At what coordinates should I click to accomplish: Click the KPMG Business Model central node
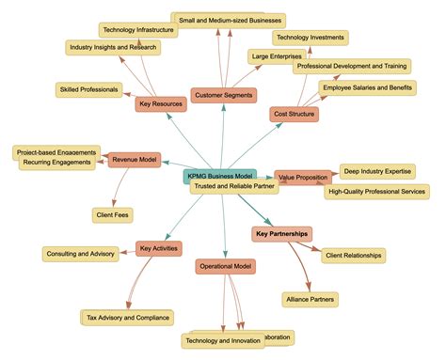[x=218, y=175]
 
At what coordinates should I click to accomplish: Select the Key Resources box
[x=160, y=104]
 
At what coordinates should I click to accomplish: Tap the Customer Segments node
[x=224, y=95]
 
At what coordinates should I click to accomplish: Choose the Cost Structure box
[x=295, y=114]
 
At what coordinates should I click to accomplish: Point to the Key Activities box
[x=158, y=249]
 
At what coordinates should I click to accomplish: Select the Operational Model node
[x=227, y=266]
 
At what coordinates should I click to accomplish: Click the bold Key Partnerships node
[x=282, y=232]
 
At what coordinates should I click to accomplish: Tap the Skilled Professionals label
[x=88, y=89]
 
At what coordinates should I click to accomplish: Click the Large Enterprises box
[x=276, y=57]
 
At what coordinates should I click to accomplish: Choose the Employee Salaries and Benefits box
[x=367, y=87]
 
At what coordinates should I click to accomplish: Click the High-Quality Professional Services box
[x=376, y=192]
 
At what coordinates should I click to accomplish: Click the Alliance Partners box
[x=310, y=300]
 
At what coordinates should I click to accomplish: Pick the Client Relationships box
[x=353, y=255]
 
